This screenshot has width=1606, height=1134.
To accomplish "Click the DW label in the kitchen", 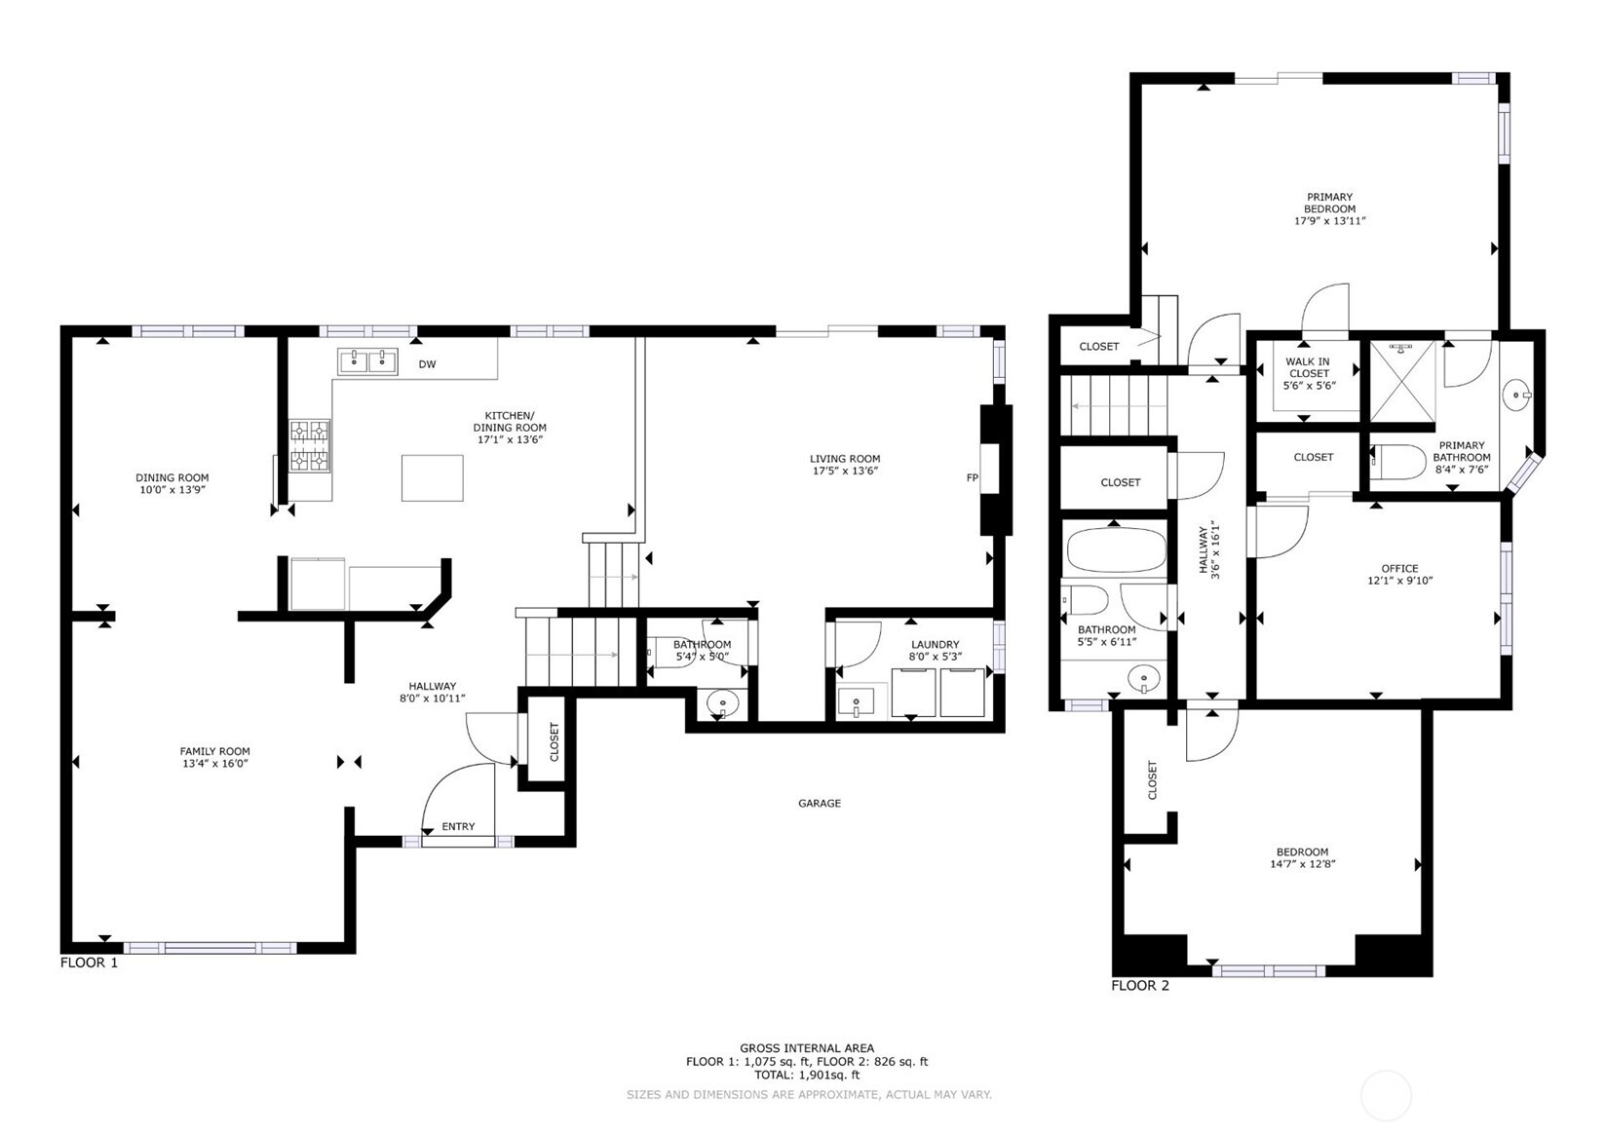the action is pyautogui.click(x=427, y=364).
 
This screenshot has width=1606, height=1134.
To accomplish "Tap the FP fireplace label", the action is pyautogui.click(x=973, y=477).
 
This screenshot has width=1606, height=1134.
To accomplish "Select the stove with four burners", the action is pyautogui.click(x=309, y=446).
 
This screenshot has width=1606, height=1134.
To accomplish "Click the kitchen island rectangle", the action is pyautogui.click(x=432, y=477).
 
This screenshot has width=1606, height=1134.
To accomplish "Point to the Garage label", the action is pyautogui.click(x=820, y=803).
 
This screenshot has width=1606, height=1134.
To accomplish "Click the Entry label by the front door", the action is pyautogui.click(x=458, y=826).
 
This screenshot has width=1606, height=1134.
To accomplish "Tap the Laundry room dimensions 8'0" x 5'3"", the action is pyautogui.click(x=935, y=657).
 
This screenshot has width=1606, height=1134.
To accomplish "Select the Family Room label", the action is pyautogui.click(x=215, y=751).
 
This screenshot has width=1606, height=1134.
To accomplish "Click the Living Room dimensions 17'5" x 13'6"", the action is pyautogui.click(x=845, y=471).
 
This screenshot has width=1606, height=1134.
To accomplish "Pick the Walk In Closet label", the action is pyautogui.click(x=1309, y=367).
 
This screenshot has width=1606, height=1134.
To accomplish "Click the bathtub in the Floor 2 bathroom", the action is pyautogui.click(x=1117, y=550).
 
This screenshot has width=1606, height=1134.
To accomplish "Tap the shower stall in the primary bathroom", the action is pyautogui.click(x=1401, y=381).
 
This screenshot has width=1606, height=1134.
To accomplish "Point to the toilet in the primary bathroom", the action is pyautogui.click(x=1398, y=463).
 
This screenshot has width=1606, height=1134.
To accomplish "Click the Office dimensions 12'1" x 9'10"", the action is pyautogui.click(x=1399, y=581).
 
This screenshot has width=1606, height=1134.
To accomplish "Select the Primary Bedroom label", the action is pyautogui.click(x=1329, y=203).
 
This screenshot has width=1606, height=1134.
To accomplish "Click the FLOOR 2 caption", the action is pyautogui.click(x=1140, y=986).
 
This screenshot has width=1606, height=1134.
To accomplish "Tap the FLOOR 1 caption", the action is pyautogui.click(x=89, y=963).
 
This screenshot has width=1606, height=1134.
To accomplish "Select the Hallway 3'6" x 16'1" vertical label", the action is pyautogui.click(x=1208, y=549).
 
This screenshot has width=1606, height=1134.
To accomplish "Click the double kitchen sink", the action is pyautogui.click(x=367, y=361).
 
